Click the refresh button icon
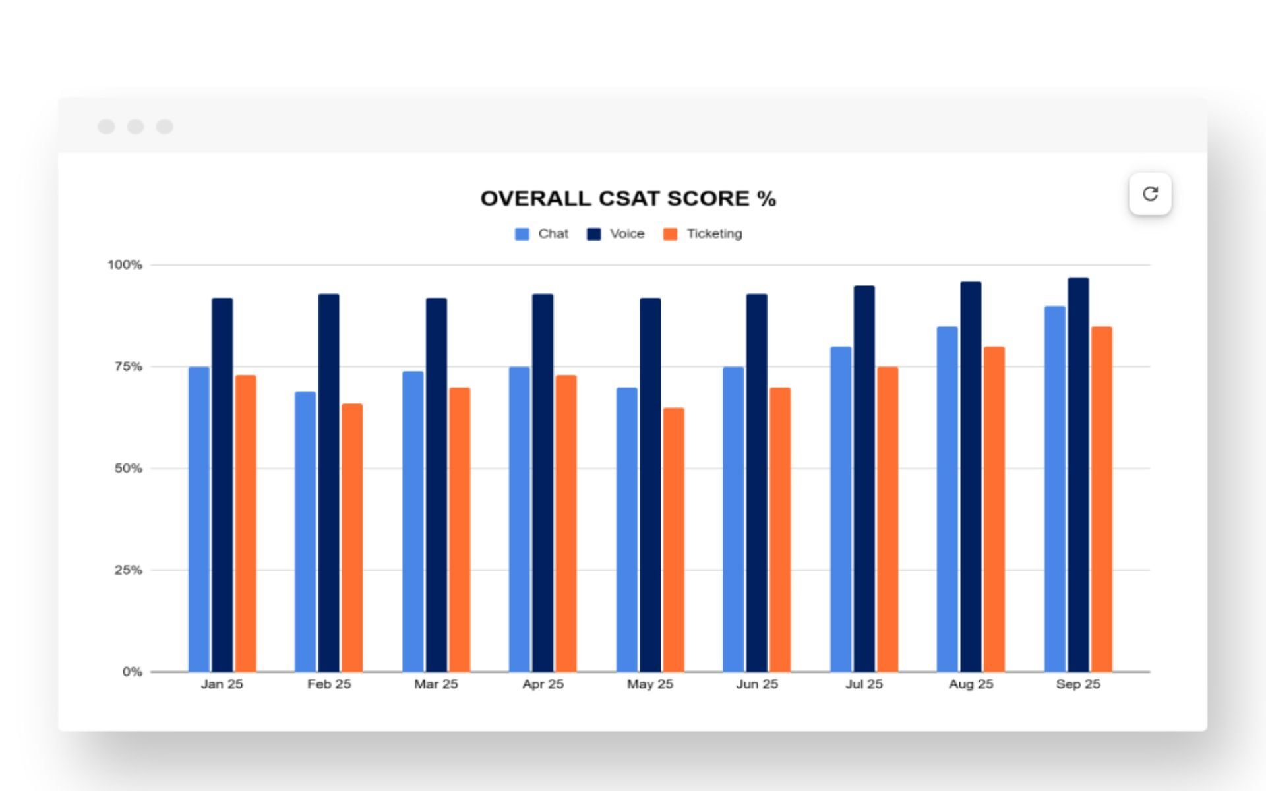click(x=1150, y=194)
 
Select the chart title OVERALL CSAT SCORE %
click(x=628, y=198)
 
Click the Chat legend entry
click(x=541, y=234)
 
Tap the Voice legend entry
click(x=615, y=234)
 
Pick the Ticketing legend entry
click(x=703, y=234)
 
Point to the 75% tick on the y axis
click(x=128, y=366)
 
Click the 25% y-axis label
click(x=128, y=570)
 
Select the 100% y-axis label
click(x=125, y=265)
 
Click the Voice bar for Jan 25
click(x=222, y=484)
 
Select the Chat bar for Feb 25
click(x=305, y=531)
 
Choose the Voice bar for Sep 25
click(x=1078, y=475)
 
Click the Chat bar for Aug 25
click(x=947, y=499)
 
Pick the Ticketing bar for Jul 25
click(x=887, y=519)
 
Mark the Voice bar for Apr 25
click(x=543, y=483)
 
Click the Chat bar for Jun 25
click(x=733, y=519)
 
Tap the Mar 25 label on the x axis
click(x=436, y=684)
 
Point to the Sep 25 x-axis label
click(x=1078, y=684)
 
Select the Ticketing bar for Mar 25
click(x=460, y=529)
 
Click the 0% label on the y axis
click(x=132, y=672)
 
